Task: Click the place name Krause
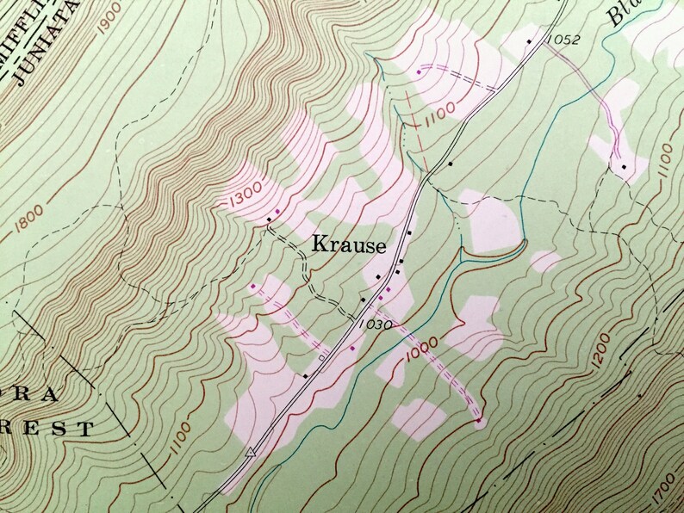(348, 245)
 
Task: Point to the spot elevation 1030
(378, 324)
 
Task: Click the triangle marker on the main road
(251, 450)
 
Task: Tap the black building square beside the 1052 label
(529, 40)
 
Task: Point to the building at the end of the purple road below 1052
(623, 165)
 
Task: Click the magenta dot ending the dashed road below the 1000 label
(479, 421)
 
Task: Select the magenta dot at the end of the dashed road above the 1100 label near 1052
(419, 71)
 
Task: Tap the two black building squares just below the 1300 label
(274, 215)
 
